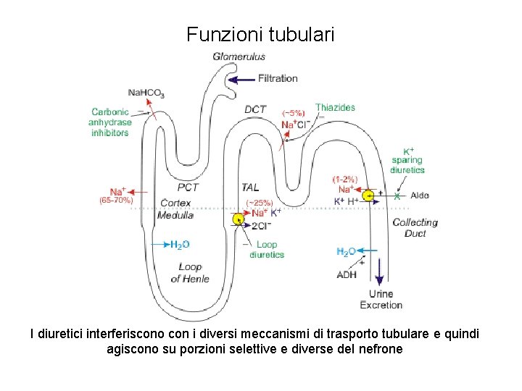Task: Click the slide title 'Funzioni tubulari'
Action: [260, 34]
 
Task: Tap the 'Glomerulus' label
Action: [239, 56]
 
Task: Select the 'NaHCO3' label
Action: [146, 93]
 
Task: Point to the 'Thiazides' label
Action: [335, 107]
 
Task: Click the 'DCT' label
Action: [255, 109]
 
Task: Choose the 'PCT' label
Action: [188, 188]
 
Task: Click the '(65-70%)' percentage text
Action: [116, 200]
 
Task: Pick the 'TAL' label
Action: [250, 188]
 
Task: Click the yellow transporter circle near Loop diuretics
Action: [239, 219]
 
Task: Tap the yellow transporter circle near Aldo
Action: [370, 195]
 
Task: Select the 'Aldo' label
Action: [420, 195]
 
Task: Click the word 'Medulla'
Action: [176, 215]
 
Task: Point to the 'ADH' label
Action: [347, 274]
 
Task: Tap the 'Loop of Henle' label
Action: [190, 272]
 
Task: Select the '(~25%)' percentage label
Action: [259, 202]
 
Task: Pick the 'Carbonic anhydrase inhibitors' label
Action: [110, 122]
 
